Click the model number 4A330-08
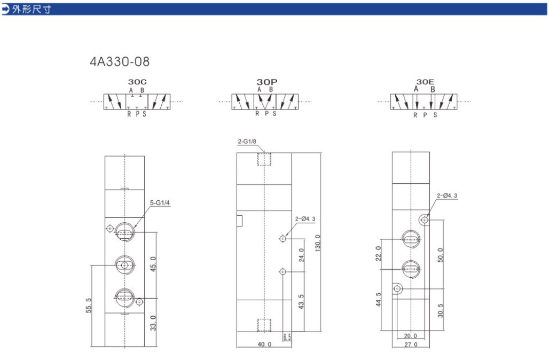[x=120, y=61]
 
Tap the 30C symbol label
[x=137, y=82]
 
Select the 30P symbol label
[x=267, y=82]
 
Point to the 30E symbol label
[x=425, y=82]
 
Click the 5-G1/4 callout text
[x=160, y=203]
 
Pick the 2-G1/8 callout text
[x=247, y=142]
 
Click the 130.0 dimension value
[x=318, y=243]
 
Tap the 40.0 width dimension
[x=264, y=344]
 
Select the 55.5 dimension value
[x=89, y=306]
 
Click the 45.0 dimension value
[x=153, y=264]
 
